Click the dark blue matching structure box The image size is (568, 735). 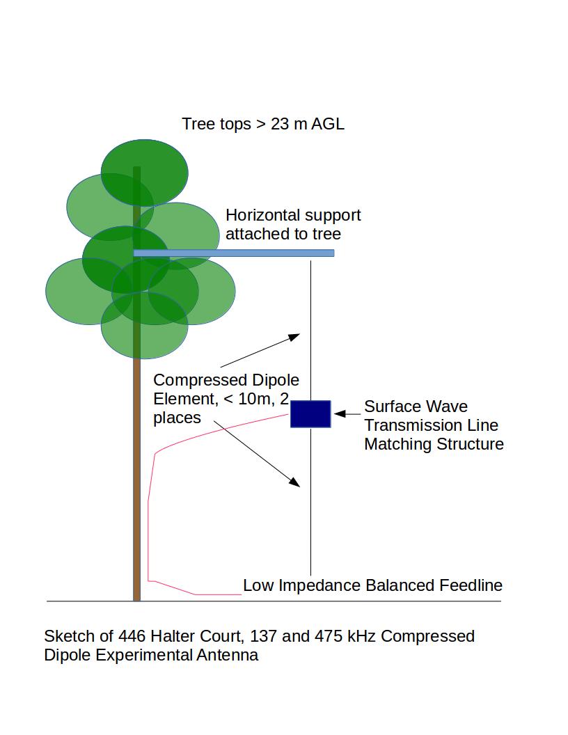(x=310, y=414)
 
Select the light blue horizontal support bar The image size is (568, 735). (x=234, y=253)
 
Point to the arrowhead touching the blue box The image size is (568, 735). (x=340, y=414)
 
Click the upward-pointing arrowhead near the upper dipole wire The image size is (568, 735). (x=294, y=337)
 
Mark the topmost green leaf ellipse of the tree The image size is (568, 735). (x=144, y=173)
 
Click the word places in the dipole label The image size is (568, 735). (x=177, y=418)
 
